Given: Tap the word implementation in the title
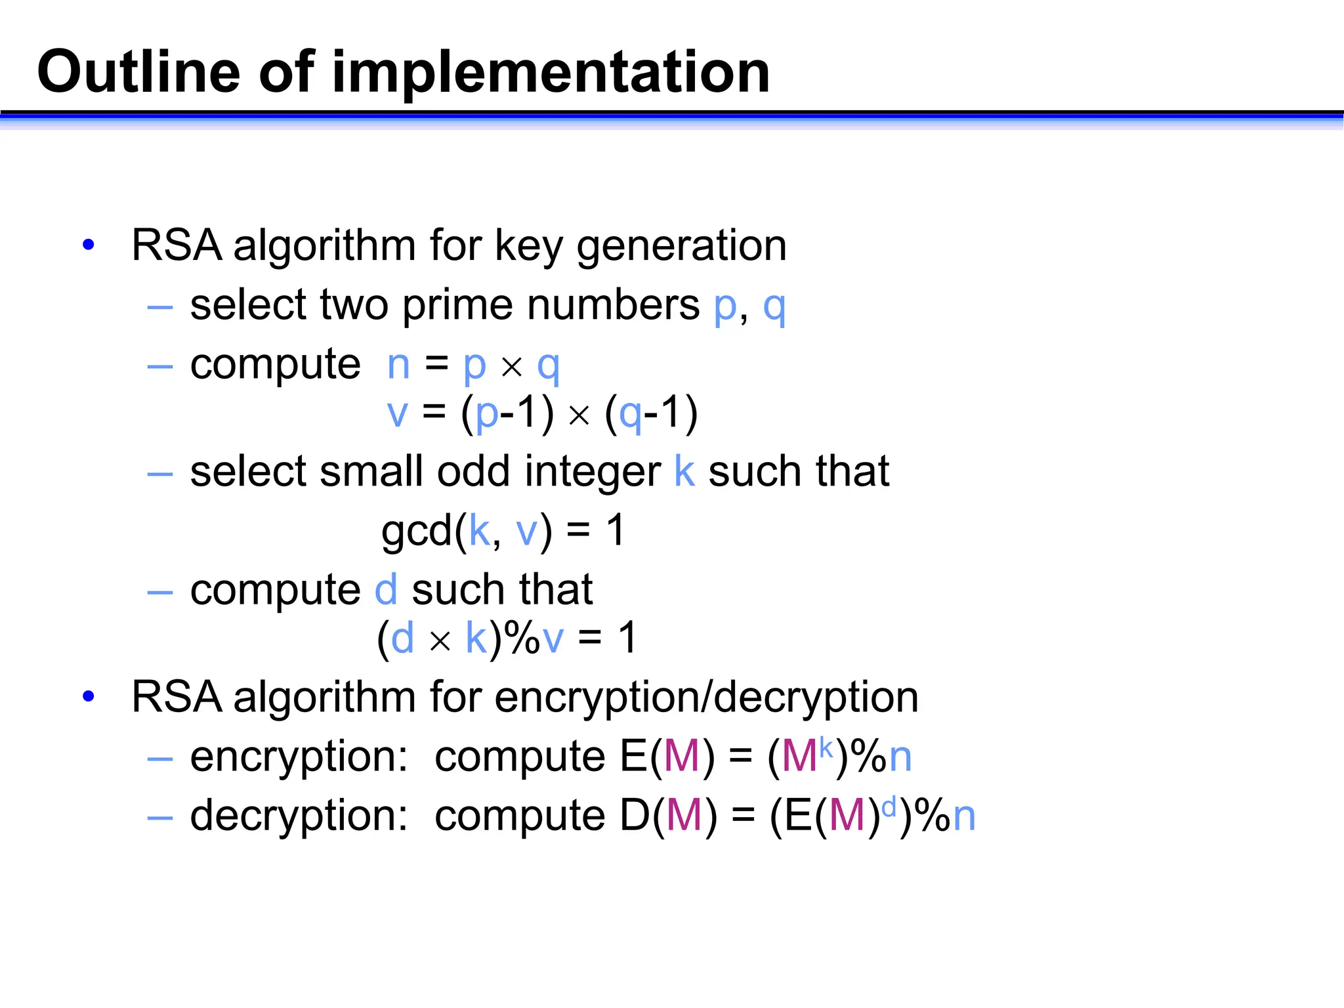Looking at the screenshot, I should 551,72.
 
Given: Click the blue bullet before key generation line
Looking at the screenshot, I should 89,245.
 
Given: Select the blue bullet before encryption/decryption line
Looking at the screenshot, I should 89,696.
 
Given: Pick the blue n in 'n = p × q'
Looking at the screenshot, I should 398,365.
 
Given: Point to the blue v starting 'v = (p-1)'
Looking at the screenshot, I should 397,414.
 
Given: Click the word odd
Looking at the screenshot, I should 473,471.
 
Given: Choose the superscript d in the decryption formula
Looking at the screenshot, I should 889,807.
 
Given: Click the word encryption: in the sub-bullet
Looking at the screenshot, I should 299,757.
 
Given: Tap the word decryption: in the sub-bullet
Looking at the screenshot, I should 299,816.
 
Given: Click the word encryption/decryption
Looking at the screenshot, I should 706,698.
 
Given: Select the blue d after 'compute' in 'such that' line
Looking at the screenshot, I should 386,589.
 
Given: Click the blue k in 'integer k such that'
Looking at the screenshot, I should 684,471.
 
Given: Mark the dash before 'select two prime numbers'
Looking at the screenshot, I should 160,306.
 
